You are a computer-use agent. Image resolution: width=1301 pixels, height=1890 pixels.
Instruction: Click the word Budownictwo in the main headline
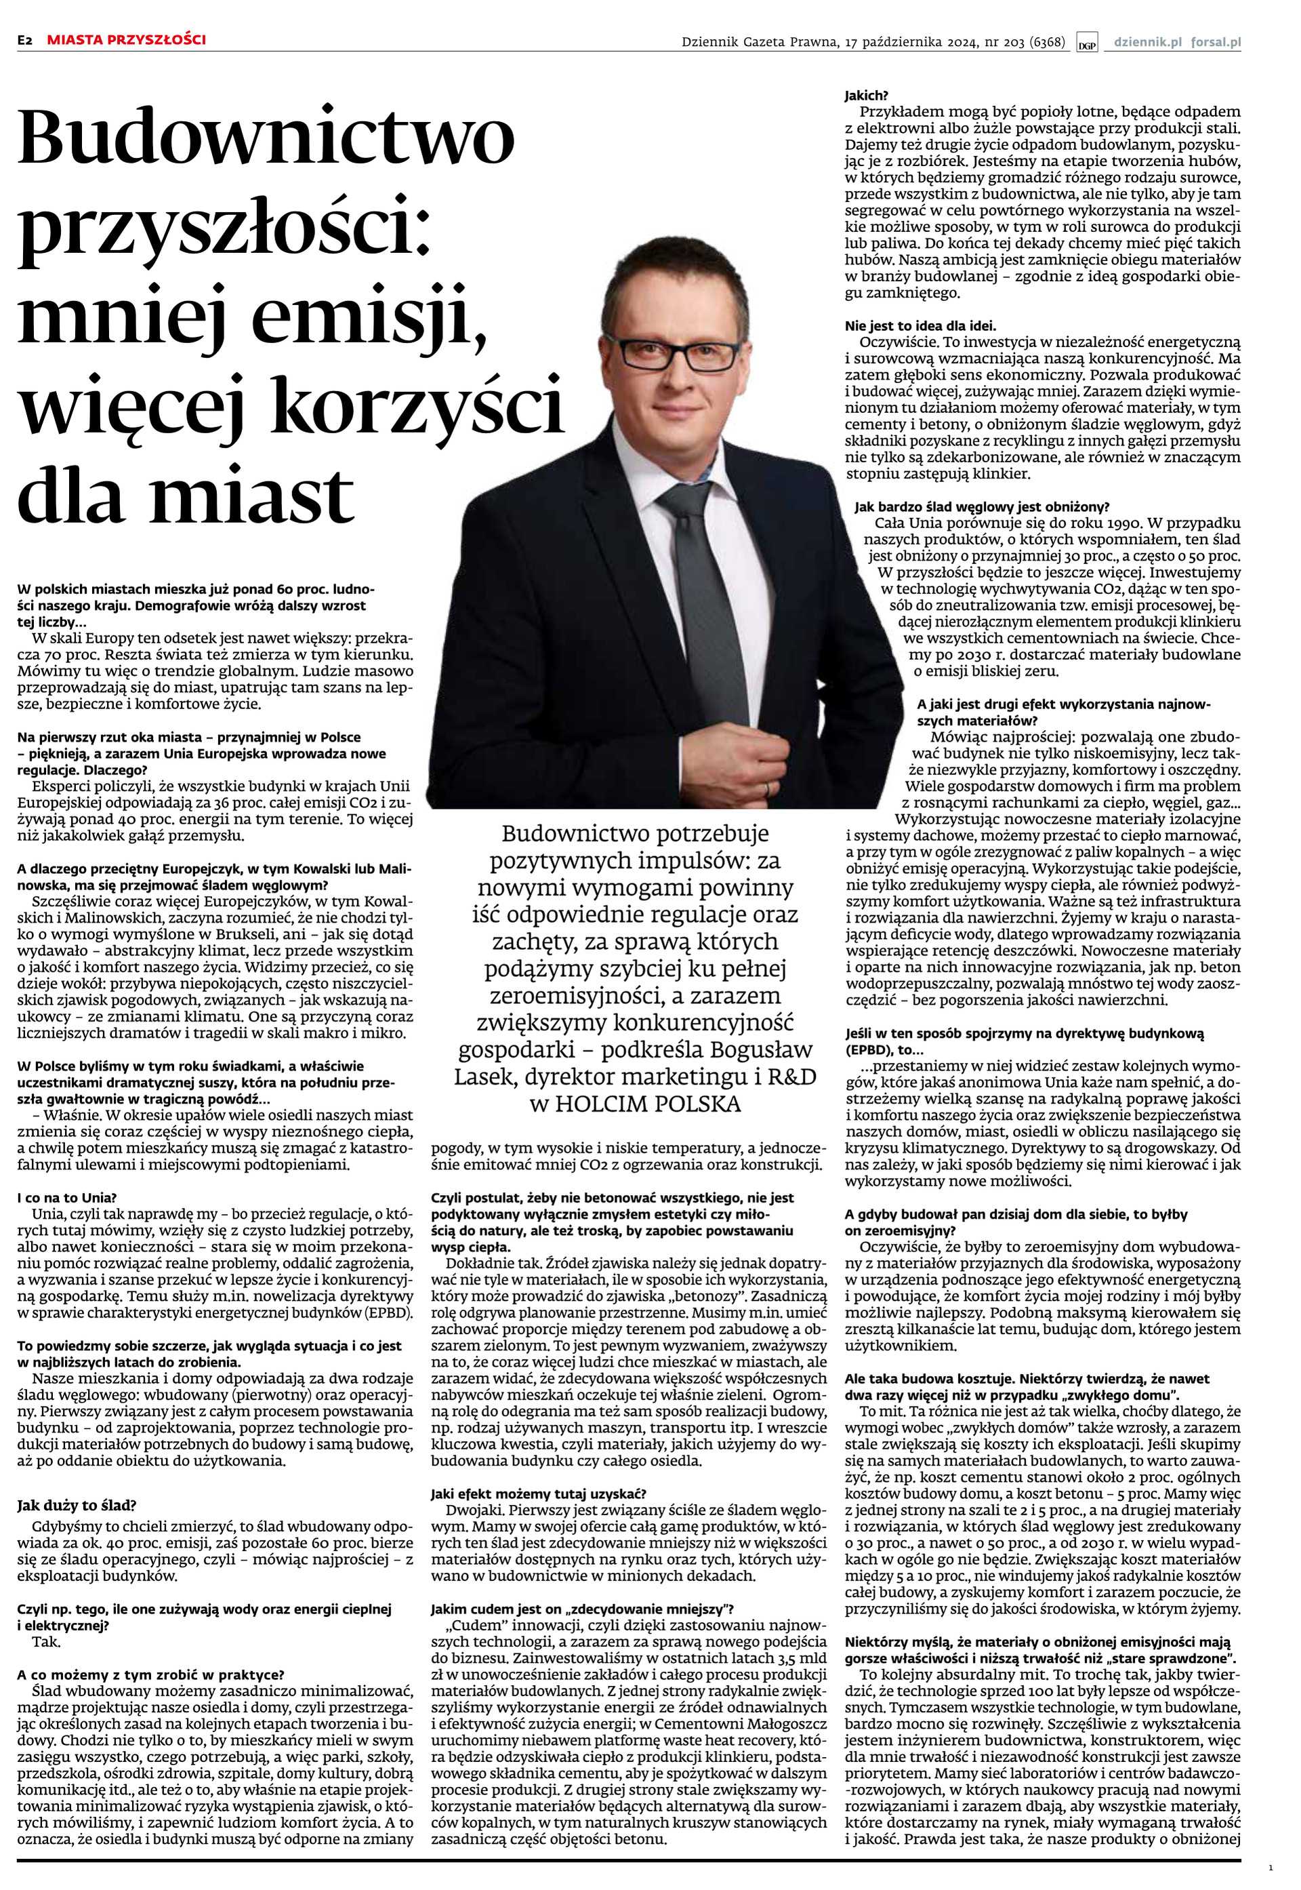click(x=266, y=136)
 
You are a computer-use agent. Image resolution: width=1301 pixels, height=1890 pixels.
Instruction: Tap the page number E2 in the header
click(x=25, y=39)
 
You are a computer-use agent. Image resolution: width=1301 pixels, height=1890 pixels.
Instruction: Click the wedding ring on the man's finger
click(x=767, y=788)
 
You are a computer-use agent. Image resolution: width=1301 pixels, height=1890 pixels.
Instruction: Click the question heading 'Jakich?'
click(x=866, y=96)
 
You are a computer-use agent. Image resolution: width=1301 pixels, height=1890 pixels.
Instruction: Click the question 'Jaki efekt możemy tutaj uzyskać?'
click(x=538, y=1493)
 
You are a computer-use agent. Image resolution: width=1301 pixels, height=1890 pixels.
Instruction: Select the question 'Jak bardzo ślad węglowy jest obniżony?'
click(x=981, y=506)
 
